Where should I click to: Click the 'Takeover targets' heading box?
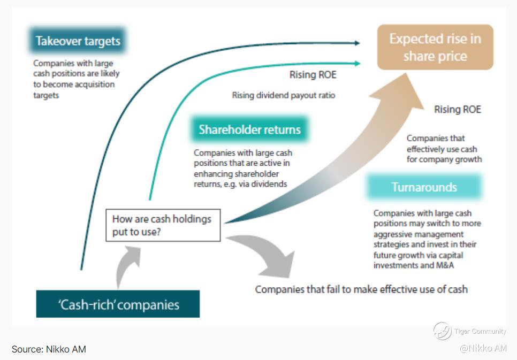(x=78, y=41)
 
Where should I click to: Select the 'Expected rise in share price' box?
(x=435, y=47)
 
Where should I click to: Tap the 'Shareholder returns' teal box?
(x=249, y=129)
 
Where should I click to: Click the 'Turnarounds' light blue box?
(x=424, y=187)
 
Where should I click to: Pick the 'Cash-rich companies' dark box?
(x=118, y=305)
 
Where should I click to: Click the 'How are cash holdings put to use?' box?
(x=163, y=225)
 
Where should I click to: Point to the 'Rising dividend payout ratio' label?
(x=284, y=96)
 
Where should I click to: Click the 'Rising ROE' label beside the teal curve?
(x=313, y=75)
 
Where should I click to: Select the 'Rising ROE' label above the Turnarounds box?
(x=457, y=110)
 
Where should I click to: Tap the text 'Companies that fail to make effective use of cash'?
(x=361, y=289)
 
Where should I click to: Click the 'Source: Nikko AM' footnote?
(x=49, y=349)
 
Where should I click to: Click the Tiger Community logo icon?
(x=442, y=331)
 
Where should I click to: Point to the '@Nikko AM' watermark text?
(x=483, y=348)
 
